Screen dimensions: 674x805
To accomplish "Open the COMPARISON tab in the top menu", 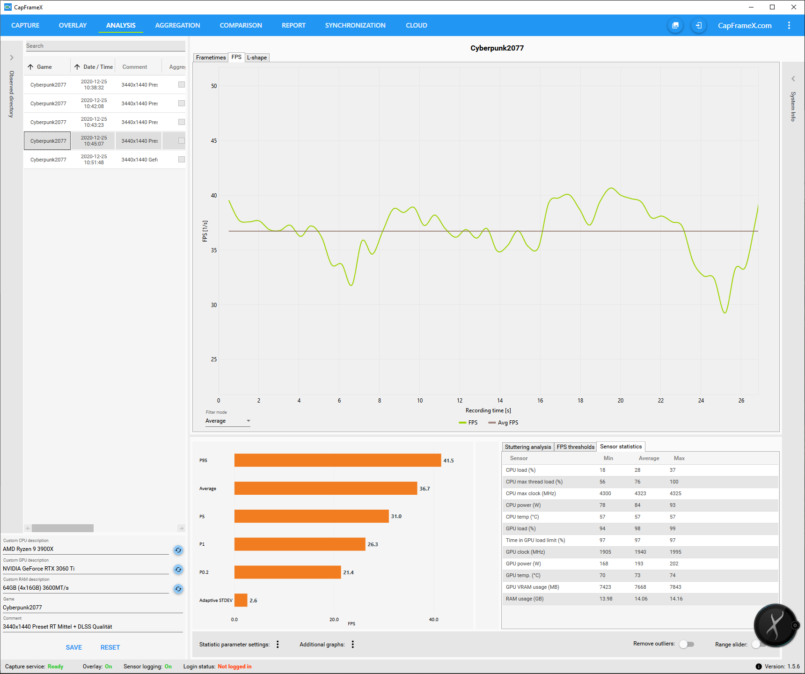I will (241, 25).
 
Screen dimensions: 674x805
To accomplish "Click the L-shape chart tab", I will (257, 58).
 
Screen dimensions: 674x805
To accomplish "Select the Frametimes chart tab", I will (211, 58).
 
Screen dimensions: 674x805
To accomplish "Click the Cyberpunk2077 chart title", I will (497, 48).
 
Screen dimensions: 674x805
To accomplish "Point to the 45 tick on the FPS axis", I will (214, 141).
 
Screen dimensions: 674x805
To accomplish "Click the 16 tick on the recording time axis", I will (540, 401).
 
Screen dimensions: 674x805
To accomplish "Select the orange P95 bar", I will (337, 460).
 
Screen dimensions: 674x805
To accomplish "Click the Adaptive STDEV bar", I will (241, 600).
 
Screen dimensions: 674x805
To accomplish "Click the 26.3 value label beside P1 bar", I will (373, 544).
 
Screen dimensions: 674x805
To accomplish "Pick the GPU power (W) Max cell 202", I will (674, 564).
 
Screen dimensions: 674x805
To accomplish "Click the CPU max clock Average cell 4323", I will (640, 493).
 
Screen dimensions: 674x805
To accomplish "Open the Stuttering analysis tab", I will (527, 447).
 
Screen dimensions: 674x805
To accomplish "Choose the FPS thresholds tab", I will (575, 447).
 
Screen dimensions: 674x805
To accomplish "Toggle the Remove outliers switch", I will (687, 645).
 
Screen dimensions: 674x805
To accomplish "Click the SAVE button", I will (74, 647).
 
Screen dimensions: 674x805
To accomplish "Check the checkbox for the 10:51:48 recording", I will (182, 160).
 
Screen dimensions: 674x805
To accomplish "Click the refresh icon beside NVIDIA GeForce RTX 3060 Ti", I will (178, 570).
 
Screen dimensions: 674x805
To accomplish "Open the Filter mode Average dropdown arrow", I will (249, 421).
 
